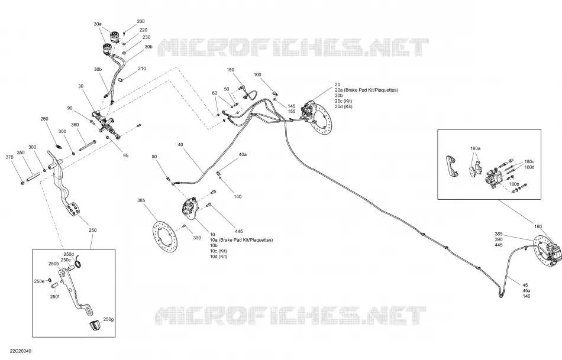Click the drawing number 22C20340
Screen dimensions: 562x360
(21, 351)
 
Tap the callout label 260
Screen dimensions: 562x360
(44, 119)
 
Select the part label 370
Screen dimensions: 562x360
(9, 157)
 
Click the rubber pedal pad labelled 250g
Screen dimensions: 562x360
(95, 326)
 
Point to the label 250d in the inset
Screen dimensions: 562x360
(69, 254)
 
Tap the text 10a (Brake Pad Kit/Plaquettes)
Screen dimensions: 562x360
(241, 240)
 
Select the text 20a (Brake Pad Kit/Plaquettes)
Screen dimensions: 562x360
(366, 90)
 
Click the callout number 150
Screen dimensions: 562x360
(230, 70)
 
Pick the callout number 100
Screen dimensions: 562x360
(257, 75)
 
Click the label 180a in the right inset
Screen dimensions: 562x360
(476, 148)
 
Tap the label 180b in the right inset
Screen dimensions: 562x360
(514, 184)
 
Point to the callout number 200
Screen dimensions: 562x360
(141, 21)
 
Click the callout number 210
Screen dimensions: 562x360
(142, 69)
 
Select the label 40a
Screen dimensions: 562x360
(243, 154)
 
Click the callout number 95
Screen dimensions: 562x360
(125, 156)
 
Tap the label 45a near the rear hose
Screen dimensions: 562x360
(526, 291)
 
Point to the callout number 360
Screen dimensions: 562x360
(75, 125)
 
